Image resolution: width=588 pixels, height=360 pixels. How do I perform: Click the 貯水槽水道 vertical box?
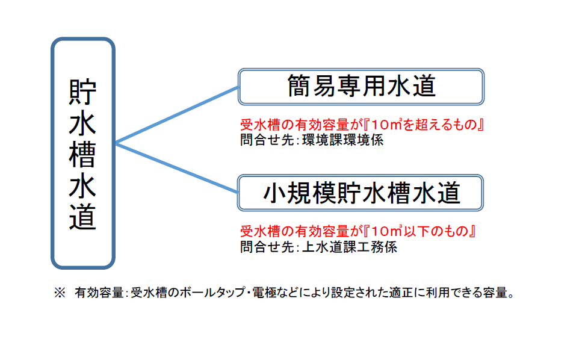point(82,153)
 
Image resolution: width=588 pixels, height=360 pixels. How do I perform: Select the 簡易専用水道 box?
point(361,87)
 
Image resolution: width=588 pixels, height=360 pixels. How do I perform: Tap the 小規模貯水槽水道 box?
point(361,193)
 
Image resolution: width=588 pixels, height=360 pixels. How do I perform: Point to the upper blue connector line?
point(178,114)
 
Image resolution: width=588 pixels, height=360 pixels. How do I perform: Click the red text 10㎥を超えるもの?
point(427,126)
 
